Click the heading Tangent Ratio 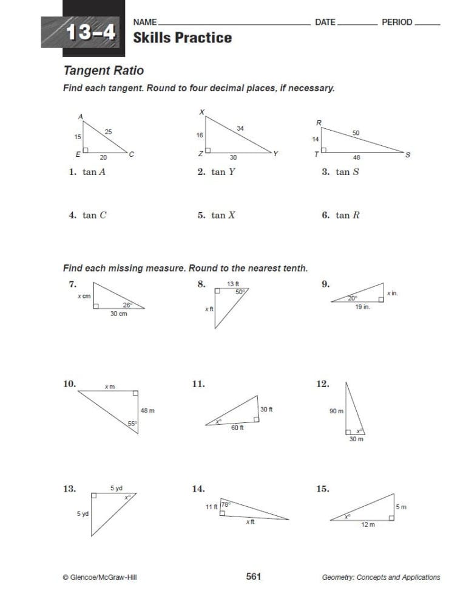tap(104, 70)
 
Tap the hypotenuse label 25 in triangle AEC tap(108, 131)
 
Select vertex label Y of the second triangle tap(275, 154)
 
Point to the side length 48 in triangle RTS tap(357, 157)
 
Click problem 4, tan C tap(88, 215)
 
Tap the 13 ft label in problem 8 tap(234, 284)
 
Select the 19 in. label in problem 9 tap(362, 308)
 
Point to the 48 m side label tap(147, 410)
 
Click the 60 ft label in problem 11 tap(237, 428)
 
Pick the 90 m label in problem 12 tap(336, 411)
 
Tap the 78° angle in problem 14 tap(225, 504)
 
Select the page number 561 tap(254, 576)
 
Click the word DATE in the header tap(325, 22)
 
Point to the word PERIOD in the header tap(397, 22)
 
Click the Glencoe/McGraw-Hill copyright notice tap(100, 577)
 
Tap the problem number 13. tap(70, 488)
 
